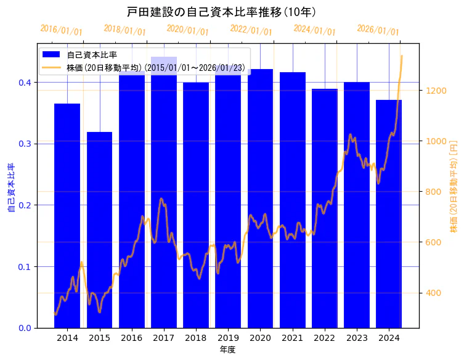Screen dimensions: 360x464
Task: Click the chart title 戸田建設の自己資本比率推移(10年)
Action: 221,12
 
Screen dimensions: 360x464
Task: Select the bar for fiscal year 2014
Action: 67,216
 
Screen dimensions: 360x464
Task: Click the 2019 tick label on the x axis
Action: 228,338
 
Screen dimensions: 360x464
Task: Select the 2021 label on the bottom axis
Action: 292,338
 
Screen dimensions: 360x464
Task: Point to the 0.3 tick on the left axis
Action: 25,144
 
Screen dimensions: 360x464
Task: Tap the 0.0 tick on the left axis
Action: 25,328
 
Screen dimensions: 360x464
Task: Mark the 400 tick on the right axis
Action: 434,293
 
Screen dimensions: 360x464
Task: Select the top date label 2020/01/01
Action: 188,30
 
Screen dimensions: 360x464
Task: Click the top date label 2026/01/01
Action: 378,30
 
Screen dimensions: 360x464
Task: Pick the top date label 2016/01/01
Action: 61,30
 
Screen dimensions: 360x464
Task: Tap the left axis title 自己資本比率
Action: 10,188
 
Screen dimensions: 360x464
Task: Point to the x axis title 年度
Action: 228,350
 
